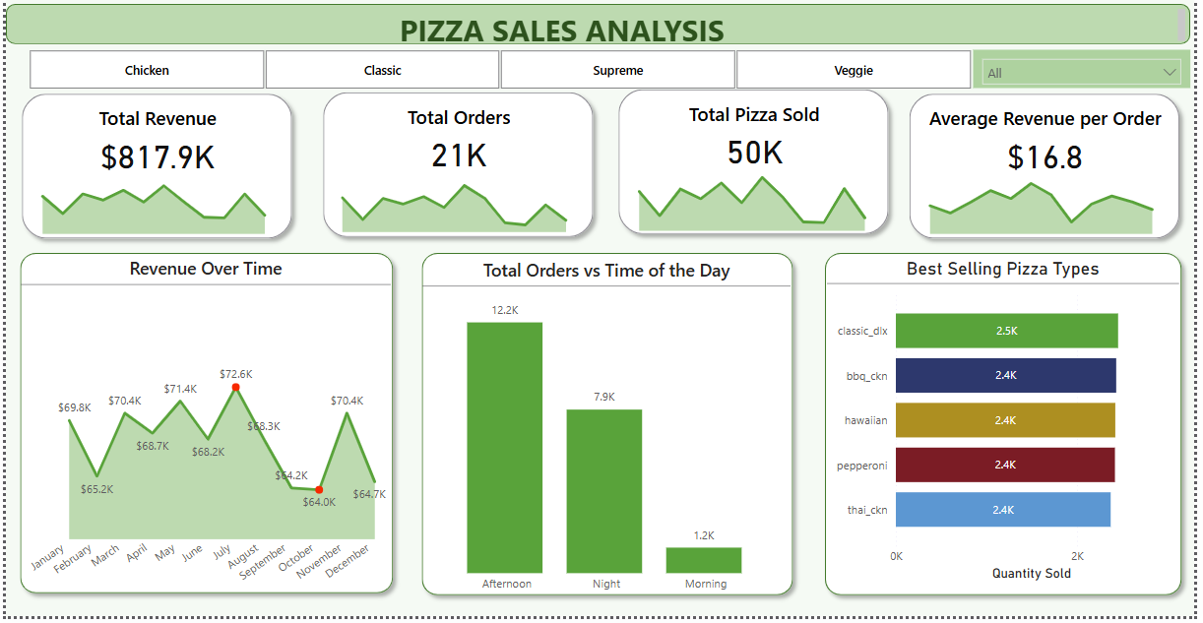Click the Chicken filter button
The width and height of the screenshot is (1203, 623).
click(147, 70)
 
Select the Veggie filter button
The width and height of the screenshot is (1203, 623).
click(853, 70)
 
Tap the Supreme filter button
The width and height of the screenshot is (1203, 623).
click(617, 70)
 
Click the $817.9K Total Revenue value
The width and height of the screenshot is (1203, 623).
click(158, 157)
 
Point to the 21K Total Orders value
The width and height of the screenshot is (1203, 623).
click(459, 156)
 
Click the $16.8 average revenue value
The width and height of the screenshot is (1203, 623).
click(1045, 157)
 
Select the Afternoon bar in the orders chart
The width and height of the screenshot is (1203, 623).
click(504, 447)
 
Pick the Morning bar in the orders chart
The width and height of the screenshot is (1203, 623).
click(703, 560)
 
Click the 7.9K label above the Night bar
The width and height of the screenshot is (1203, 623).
click(603, 397)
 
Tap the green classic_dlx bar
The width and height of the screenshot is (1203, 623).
click(1006, 331)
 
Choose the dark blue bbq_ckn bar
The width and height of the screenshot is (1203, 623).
click(1005, 375)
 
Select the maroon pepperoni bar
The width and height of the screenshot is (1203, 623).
click(1004, 465)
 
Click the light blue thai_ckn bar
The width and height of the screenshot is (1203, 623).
click(1002, 510)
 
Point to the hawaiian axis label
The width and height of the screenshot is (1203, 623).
click(865, 420)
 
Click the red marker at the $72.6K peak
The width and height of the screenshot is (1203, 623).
click(235, 388)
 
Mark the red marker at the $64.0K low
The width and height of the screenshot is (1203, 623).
click(319, 489)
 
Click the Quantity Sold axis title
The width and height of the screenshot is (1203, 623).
click(1031, 573)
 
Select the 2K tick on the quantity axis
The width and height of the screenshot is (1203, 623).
click(1077, 556)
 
